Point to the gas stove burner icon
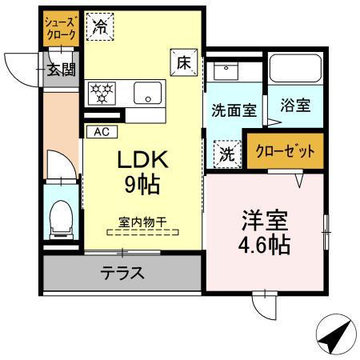point(102,91)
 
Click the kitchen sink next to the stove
point(147,92)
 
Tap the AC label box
point(102,131)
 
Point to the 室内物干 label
point(142,223)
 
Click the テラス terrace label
point(122,274)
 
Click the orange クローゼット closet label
point(286,150)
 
